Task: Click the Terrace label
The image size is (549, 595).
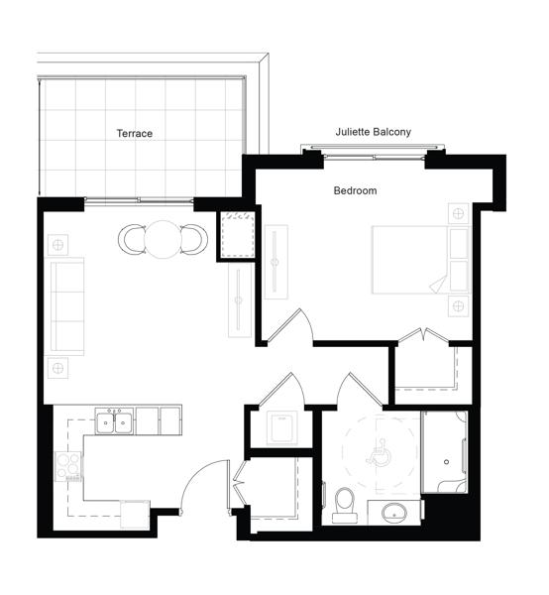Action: tap(134, 133)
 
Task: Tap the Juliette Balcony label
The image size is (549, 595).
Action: tap(373, 132)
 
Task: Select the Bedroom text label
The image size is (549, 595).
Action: tap(355, 190)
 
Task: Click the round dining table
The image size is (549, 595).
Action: tap(164, 239)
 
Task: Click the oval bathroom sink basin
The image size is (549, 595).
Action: tap(394, 513)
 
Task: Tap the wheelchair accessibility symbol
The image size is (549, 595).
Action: tap(379, 453)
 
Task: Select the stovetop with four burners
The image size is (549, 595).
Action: tap(68, 466)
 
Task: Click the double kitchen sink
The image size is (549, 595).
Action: tap(114, 421)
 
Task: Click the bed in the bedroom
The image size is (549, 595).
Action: tap(421, 260)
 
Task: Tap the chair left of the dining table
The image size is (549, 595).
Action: tap(132, 239)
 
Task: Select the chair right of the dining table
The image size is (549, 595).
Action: tap(194, 239)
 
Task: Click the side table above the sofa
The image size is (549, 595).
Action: tap(58, 245)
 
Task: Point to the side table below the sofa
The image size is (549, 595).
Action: tap(58, 368)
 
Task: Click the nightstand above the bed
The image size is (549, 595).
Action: tap(459, 213)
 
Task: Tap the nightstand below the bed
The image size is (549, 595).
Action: tap(459, 305)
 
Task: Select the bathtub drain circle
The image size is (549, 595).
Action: tap(446, 462)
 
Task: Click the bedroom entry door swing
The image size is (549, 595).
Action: tap(291, 326)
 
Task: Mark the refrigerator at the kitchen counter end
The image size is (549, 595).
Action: tap(135, 515)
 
